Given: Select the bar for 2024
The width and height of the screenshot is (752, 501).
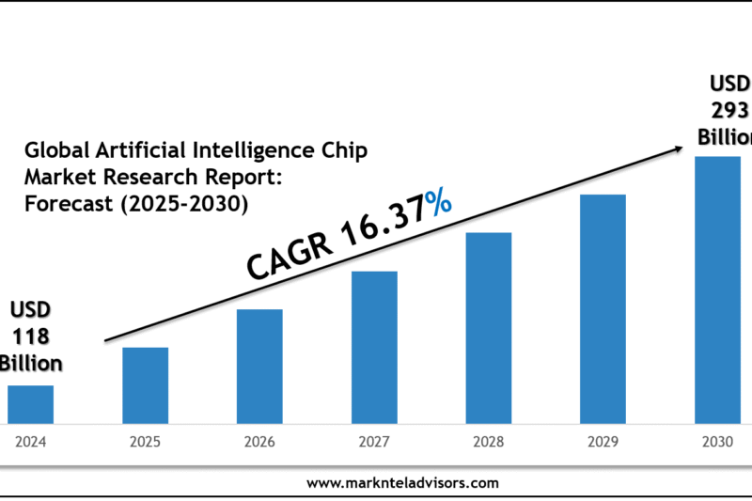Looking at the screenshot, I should (30, 403).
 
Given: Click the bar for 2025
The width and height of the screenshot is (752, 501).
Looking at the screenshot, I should (145, 384).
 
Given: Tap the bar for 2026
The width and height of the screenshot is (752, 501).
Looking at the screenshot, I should (259, 366).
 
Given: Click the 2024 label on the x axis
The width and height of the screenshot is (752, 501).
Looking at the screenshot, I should (30, 439).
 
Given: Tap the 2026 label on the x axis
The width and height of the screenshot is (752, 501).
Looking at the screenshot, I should (259, 439).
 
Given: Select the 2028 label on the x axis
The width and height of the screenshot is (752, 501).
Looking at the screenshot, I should (489, 439).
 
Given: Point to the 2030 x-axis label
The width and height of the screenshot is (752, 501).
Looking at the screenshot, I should (717, 439).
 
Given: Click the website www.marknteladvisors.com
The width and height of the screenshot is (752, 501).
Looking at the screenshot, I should (402, 482).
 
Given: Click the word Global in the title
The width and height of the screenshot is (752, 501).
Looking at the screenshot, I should (58, 151).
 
